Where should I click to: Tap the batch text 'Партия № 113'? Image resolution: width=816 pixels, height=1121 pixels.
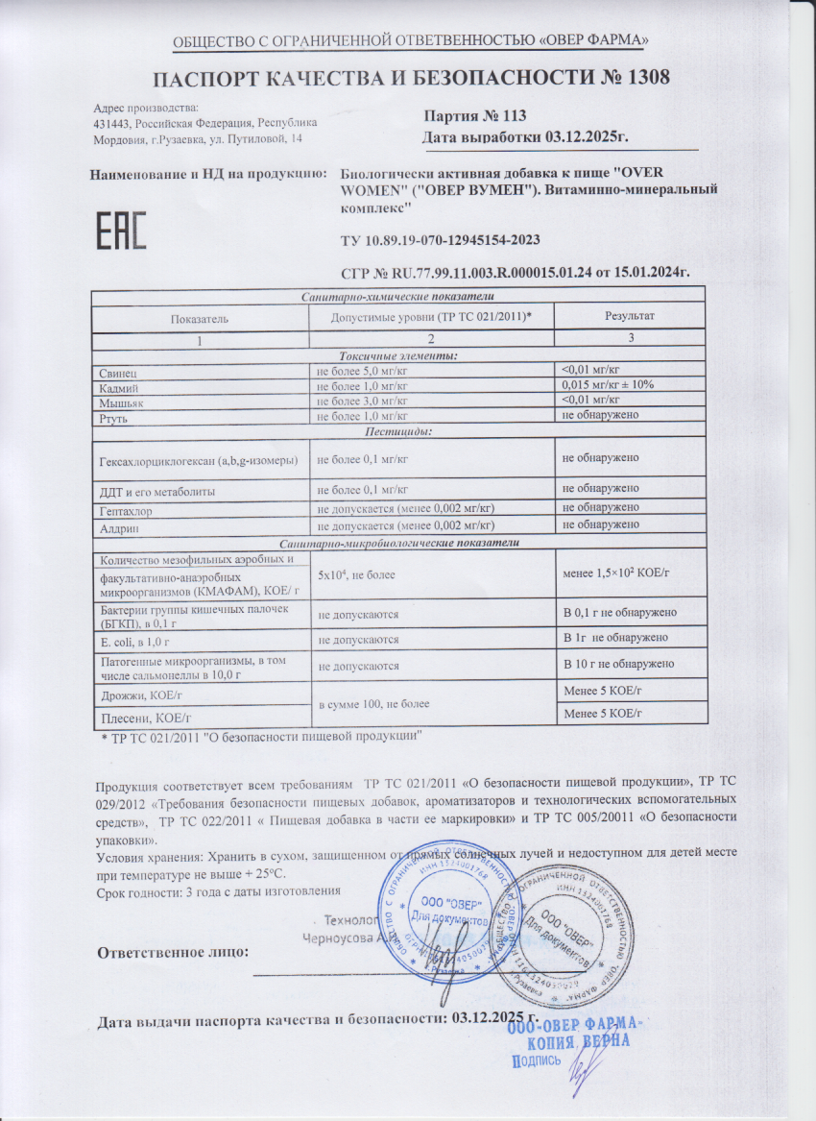(x=475, y=115)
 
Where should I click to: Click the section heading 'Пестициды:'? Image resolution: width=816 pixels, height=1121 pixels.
(x=403, y=431)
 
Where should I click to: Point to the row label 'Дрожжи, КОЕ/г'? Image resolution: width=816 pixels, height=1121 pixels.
(x=143, y=694)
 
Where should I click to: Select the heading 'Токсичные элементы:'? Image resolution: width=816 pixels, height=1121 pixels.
(x=403, y=354)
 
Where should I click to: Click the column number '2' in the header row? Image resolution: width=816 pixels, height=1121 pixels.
(x=431, y=338)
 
